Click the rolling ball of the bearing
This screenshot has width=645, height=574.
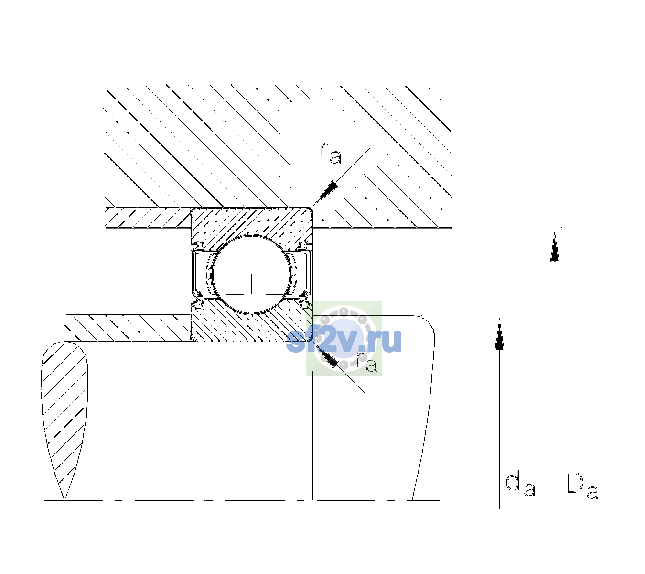(x=251, y=275)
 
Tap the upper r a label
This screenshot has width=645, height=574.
(x=331, y=153)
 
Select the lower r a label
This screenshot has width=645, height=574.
(x=366, y=361)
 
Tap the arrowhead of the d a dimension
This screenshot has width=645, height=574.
(x=499, y=333)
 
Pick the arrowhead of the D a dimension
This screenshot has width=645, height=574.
(x=555, y=247)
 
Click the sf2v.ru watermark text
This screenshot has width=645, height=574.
(x=344, y=341)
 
